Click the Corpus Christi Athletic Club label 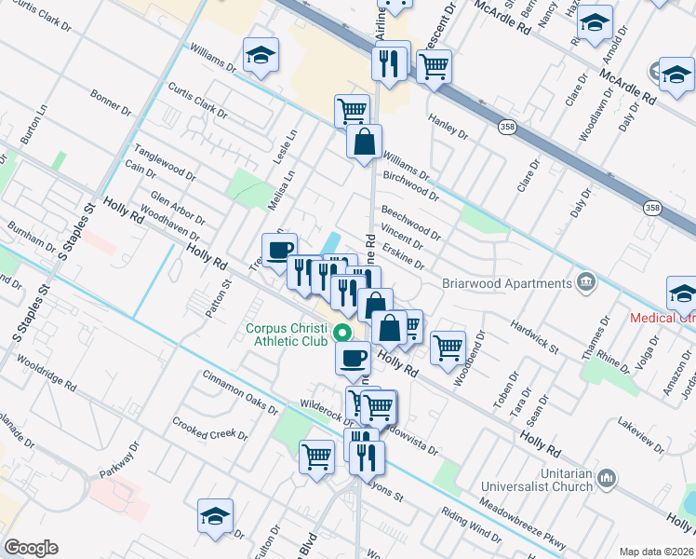tap(289, 334)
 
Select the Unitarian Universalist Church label tap(537, 480)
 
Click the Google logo tap(31, 548)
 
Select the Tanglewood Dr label tap(165, 161)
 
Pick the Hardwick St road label tap(534, 337)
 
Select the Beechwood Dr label tap(410, 221)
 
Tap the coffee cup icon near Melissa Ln tap(279, 250)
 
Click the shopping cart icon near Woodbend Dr tap(448, 347)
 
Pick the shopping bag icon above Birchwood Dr tap(364, 143)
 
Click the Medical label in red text tap(662, 317)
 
